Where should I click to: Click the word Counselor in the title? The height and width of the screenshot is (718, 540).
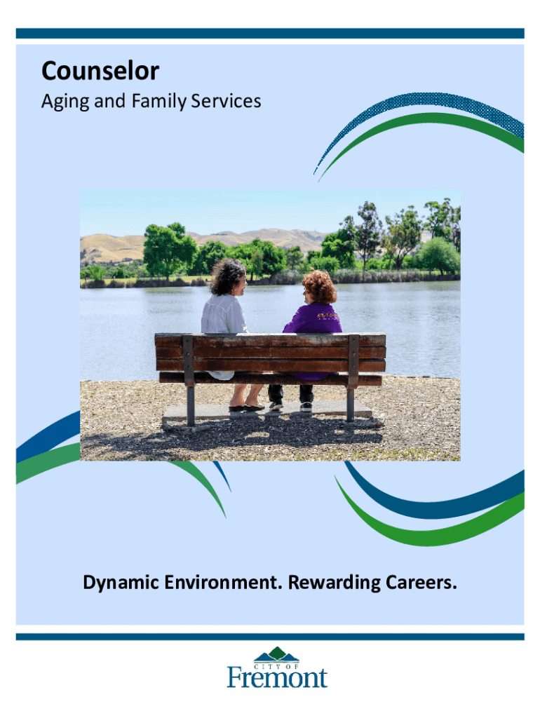(100, 71)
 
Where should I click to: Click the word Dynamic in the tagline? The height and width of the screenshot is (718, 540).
(121, 583)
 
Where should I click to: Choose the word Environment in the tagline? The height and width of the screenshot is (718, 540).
(224, 583)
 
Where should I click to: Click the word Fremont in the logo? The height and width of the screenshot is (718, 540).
(277, 678)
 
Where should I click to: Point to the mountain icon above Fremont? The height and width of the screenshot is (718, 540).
(276, 654)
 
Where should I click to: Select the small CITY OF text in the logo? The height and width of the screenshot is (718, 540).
(276, 667)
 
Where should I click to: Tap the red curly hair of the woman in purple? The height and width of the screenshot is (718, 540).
(319, 286)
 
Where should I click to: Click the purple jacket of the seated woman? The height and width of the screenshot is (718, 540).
(313, 320)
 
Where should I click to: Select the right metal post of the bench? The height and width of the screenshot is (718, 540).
(352, 377)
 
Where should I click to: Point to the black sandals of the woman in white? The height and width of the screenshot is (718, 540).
(246, 407)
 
